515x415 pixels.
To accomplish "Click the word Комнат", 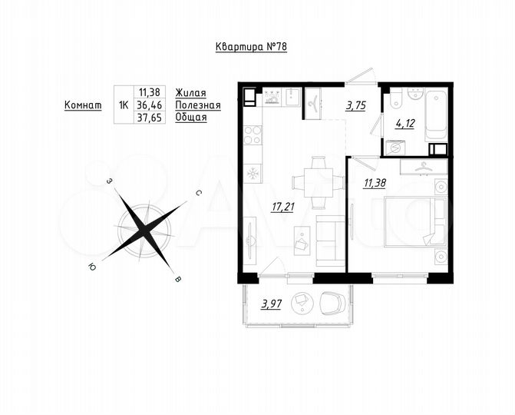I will click(83, 105).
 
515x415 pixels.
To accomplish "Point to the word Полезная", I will click(197, 105).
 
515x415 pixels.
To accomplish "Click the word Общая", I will click(191, 118).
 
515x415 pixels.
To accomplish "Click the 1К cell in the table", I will click(123, 105).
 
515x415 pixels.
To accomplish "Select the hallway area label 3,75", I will click(355, 107).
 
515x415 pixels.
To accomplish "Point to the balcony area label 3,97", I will click(271, 304).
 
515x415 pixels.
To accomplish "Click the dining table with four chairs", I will click(315, 182).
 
